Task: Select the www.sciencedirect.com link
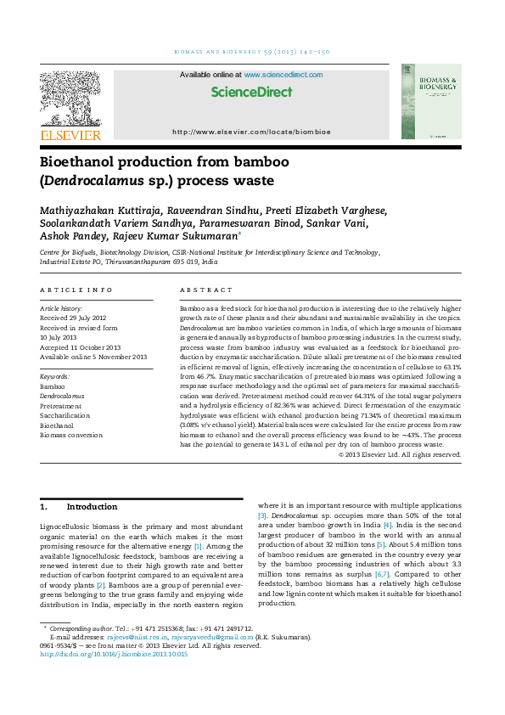click(x=283, y=76)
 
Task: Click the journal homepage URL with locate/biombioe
click(x=251, y=132)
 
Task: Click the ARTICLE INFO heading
click(x=70, y=290)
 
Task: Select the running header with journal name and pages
click(x=251, y=53)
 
